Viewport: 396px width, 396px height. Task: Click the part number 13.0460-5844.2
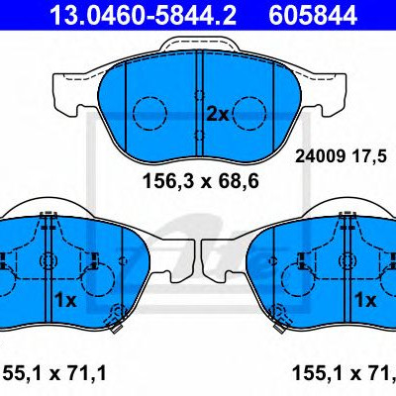[x=143, y=15]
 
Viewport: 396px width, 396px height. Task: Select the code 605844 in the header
[x=313, y=15]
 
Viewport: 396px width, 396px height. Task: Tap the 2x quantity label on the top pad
[x=218, y=115]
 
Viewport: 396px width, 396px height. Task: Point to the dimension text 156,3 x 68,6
[x=201, y=181]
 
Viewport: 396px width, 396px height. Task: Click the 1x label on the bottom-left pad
[x=65, y=300]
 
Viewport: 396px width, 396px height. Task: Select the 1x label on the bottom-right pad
[x=365, y=300]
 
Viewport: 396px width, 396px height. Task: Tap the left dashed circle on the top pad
[x=149, y=113]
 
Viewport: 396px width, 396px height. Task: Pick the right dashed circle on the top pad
[x=249, y=113]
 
